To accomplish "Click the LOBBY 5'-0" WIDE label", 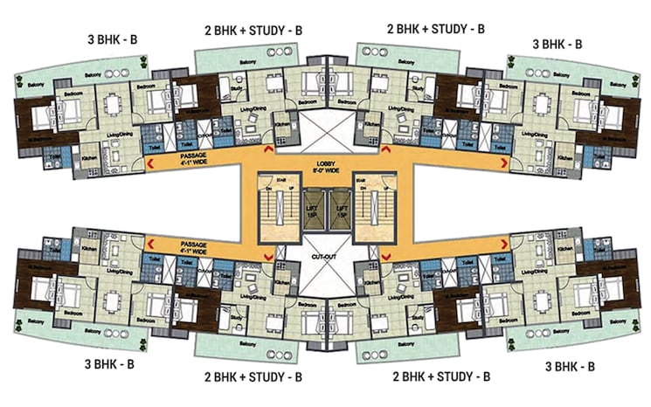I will click(326, 165).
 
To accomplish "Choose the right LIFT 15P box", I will click(339, 208).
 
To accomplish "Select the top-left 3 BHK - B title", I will click(106, 41).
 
